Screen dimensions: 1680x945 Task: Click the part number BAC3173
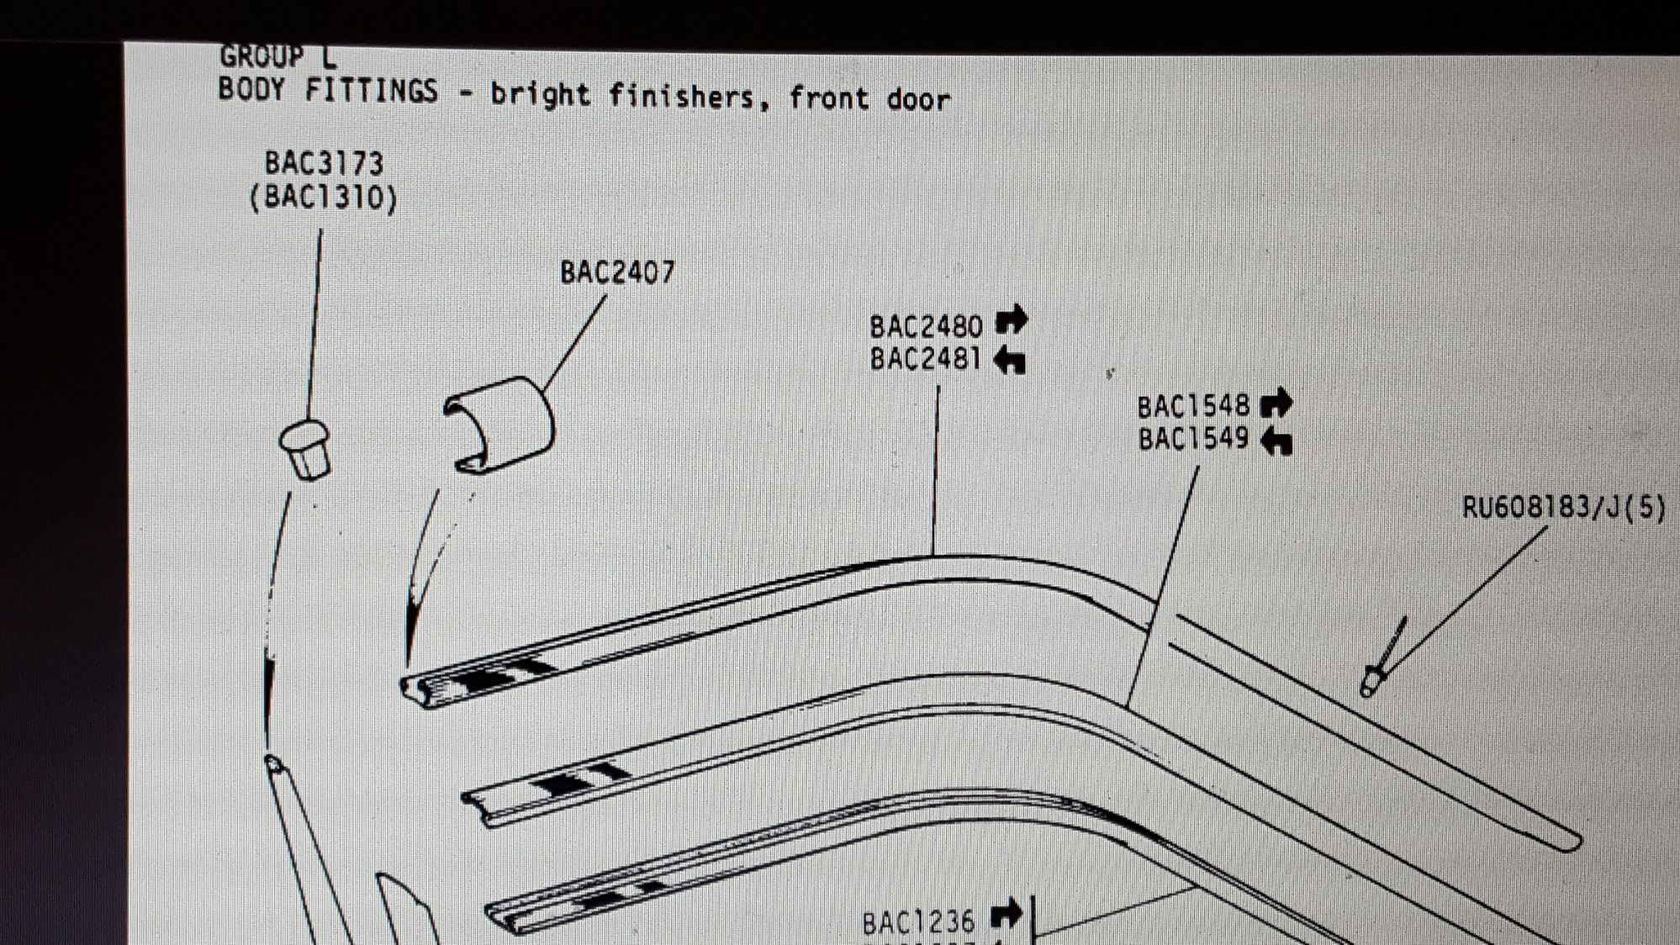point(324,162)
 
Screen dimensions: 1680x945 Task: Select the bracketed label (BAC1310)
point(324,198)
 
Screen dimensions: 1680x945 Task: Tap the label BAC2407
point(617,272)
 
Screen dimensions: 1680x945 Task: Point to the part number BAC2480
point(926,326)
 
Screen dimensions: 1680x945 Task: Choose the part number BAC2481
point(926,359)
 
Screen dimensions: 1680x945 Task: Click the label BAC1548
point(1193,407)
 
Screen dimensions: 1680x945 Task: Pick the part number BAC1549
point(1193,439)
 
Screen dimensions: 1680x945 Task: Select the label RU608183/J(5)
point(1564,507)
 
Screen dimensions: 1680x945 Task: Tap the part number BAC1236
point(918,922)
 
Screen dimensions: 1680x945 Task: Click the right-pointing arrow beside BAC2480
point(1011,319)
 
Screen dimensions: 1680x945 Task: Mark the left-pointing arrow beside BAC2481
point(1009,360)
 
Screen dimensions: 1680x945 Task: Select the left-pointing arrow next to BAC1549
point(1276,440)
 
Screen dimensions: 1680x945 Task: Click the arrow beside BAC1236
point(1006,913)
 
